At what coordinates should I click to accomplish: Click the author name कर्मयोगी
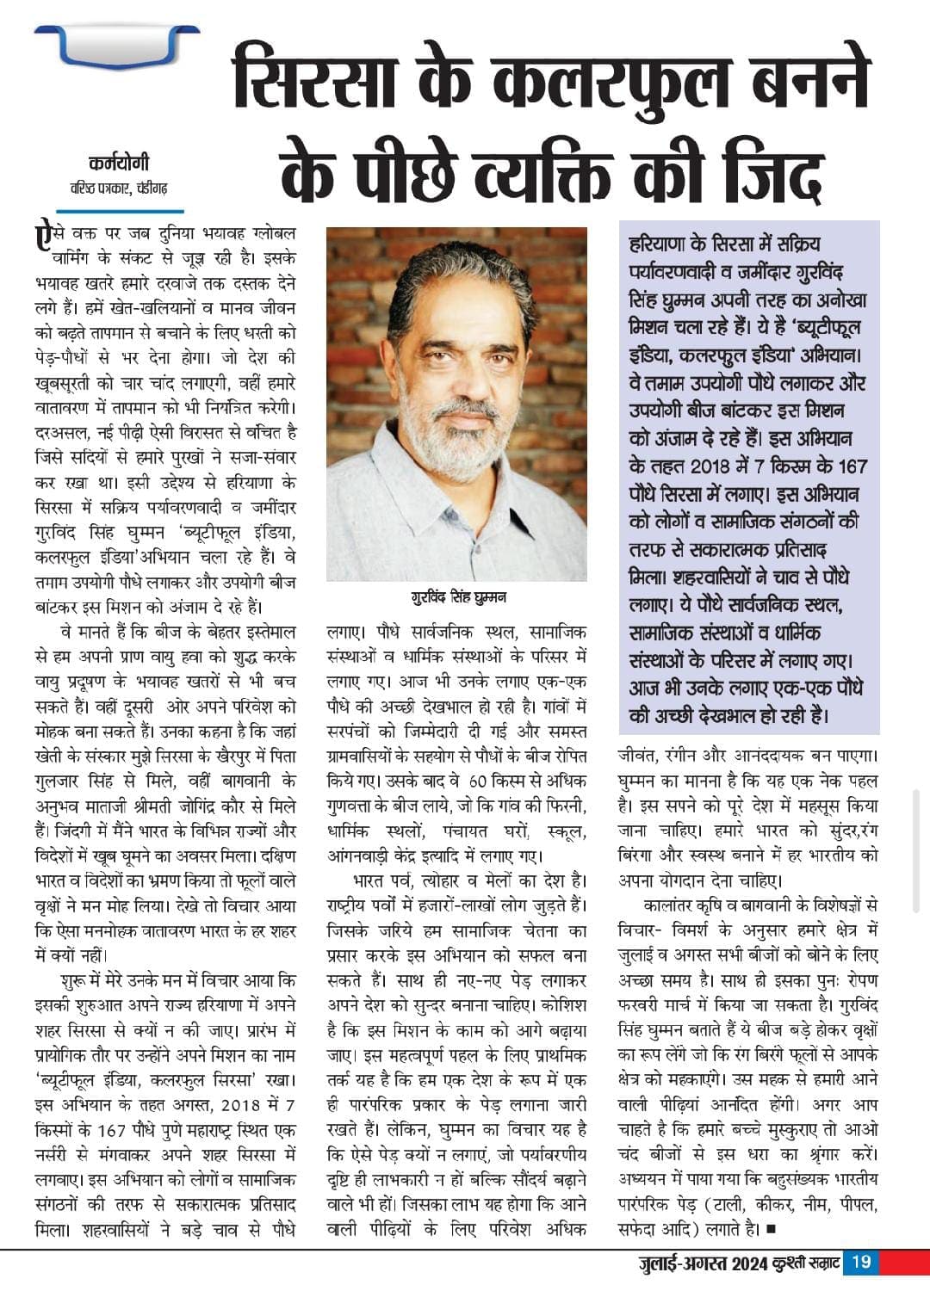click(118, 163)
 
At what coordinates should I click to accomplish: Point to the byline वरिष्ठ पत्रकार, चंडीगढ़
click(118, 188)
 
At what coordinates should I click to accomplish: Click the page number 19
click(861, 1263)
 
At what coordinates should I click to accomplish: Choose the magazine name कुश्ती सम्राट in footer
click(802, 1263)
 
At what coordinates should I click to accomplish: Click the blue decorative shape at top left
click(117, 48)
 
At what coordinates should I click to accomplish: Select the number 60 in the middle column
click(479, 781)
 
